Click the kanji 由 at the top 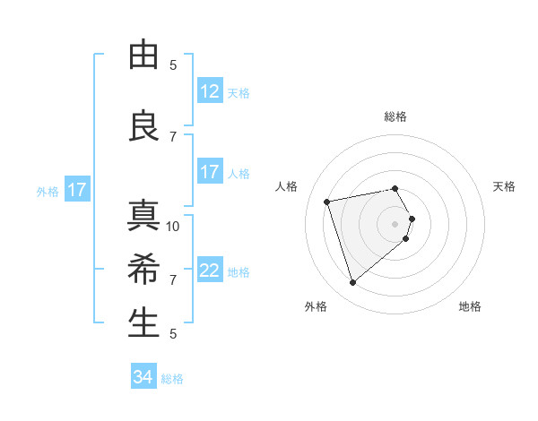click(143, 55)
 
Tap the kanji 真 click(143, 216)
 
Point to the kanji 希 click(143, 270)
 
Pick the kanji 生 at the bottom click(143, 323)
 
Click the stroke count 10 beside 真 click(173, 226)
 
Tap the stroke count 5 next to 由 click(173, 64)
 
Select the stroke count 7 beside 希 click(173, 279)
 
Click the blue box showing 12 click(210, 91)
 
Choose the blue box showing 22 click(210, 271)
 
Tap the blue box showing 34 click(143, 377)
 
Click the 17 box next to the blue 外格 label click(76, 190)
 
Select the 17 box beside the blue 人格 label click(210, 172)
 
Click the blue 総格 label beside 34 click(172, 379)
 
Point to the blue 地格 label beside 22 click(239, 272)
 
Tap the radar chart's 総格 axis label click(395, 116)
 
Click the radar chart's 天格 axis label click(504, 186)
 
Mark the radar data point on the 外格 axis click(352, 283)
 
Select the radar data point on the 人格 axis click(327, 201)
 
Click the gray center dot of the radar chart click(395, 223)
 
